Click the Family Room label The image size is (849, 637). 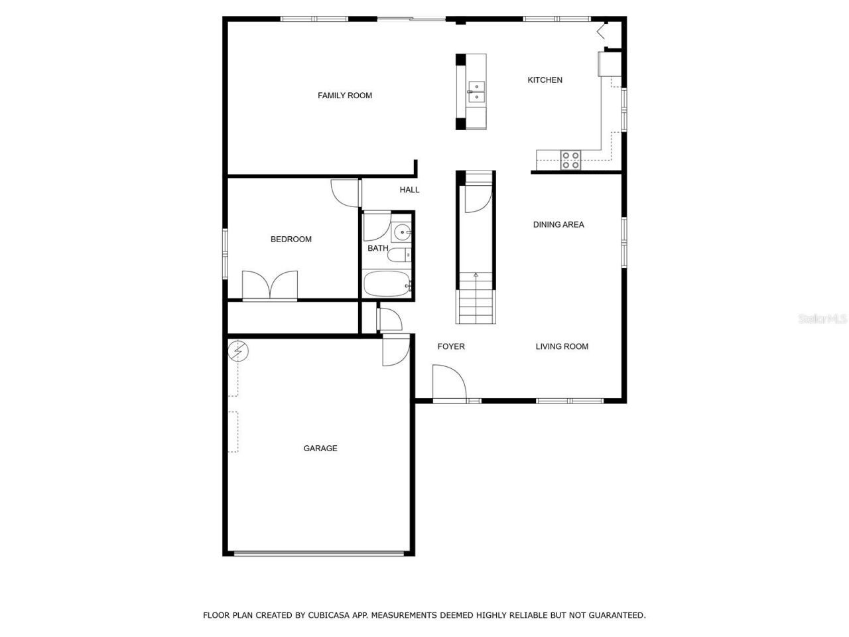(345, 96)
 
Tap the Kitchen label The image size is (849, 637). (545, 80)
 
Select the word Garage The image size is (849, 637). (320, 449)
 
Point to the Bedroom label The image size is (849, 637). (291, 240)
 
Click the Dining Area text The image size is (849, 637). (558, 225)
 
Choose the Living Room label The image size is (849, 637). (562, 346)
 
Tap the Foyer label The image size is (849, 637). (451, 346)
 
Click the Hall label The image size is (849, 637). (409, 190)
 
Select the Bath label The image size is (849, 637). (378, 248)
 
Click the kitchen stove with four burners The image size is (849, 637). (570, 160)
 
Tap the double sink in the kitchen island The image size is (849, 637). (476, 92)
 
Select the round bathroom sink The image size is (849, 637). (402, 232)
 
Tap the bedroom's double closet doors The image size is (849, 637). (270, 285)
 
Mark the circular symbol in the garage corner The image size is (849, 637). (237, 351)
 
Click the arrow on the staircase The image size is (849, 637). (476, 274)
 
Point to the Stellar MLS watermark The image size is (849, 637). (822, 319)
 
